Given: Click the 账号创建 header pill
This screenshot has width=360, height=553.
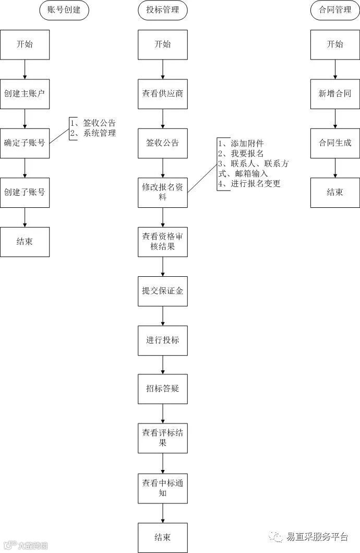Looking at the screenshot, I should [64, 10].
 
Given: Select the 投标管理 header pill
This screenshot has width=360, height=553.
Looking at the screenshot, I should [163, 10].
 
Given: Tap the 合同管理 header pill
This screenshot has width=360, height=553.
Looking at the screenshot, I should [334, 10].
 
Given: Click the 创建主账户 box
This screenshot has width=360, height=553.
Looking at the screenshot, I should [25, 94].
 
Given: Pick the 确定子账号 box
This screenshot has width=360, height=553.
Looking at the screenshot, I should [25, 143].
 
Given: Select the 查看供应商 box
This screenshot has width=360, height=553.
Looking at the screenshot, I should [163, 94].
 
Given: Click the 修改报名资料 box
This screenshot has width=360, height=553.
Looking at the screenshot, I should [163, 192].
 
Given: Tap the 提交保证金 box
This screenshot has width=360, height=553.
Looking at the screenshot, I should [163, 291].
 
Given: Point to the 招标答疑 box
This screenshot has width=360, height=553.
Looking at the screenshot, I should [163, 389].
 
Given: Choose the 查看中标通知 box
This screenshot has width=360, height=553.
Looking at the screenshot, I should [163, 488].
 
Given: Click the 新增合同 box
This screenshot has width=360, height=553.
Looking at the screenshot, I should [334, 94].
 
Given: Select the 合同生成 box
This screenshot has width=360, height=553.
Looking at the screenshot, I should [334, 143].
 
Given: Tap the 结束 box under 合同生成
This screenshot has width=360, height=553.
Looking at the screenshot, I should [334, 192].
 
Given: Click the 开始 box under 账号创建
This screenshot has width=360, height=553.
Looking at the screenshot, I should [25, 44].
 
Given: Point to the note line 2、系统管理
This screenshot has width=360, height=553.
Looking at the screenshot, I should [93, 133].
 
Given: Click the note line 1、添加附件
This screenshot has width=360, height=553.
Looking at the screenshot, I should [241, 143].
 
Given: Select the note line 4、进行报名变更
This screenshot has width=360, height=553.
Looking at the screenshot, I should [249, 184].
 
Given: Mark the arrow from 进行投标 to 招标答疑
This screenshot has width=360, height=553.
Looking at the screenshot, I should [163, 364].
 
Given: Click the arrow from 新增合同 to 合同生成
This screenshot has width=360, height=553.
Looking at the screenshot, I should [334, 119].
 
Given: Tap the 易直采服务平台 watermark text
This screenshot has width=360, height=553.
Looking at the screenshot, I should [317, 537].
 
